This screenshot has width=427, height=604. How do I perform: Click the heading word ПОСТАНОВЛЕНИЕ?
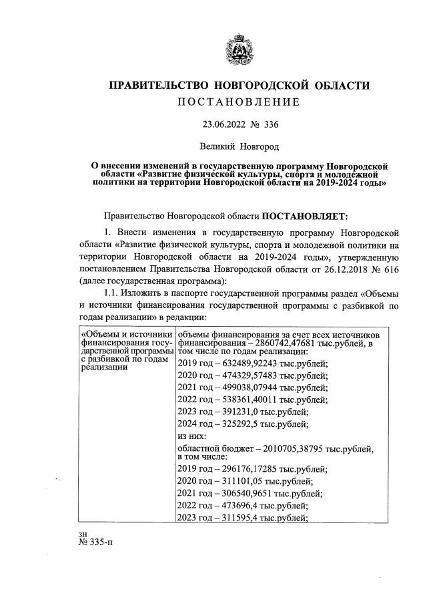tap(238, 102)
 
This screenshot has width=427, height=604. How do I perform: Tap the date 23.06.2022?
tap(224, 124)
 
